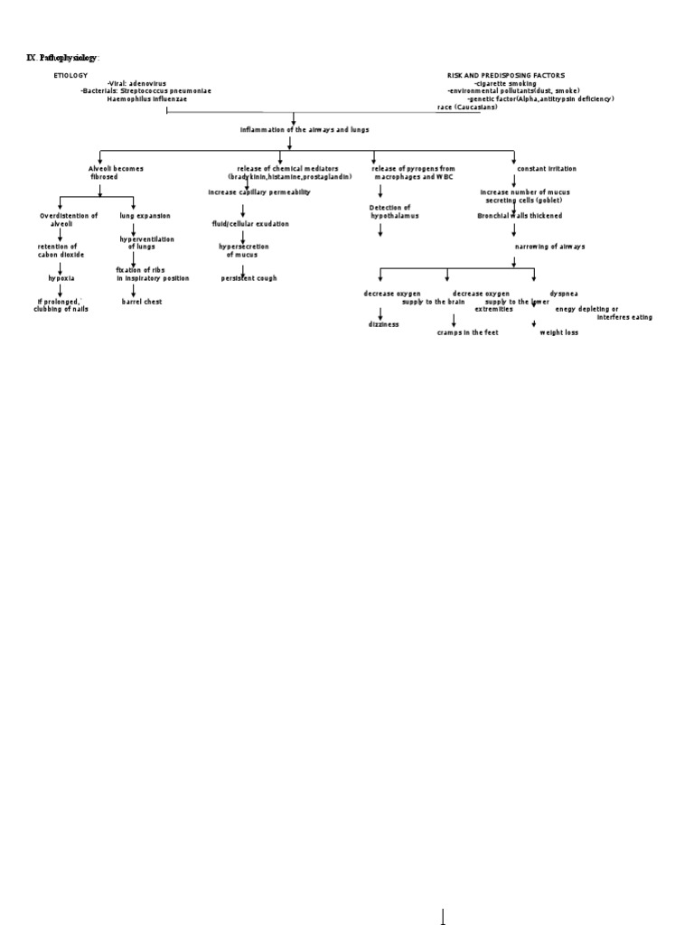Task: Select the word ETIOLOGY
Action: click(70, 75)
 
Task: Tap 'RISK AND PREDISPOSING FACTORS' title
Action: click(506, 75)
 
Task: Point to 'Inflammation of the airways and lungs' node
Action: click(304, 129)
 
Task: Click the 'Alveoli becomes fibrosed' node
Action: click(115, 173)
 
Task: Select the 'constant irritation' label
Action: click(546, 169)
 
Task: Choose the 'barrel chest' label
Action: click(142, 302)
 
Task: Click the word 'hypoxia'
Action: click(61, 278)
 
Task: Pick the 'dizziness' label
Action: click(383, 323)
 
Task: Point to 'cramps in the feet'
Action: click(467, 332)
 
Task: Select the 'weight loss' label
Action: click(558, 332)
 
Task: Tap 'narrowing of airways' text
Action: click(549, 247)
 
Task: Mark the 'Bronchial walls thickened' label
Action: click(519, 216)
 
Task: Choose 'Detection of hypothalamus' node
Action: click(394, 212)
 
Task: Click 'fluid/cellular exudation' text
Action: click(250, 223)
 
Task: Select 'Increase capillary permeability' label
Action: click(258, 192)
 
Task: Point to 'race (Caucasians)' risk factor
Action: click(467, 107)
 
